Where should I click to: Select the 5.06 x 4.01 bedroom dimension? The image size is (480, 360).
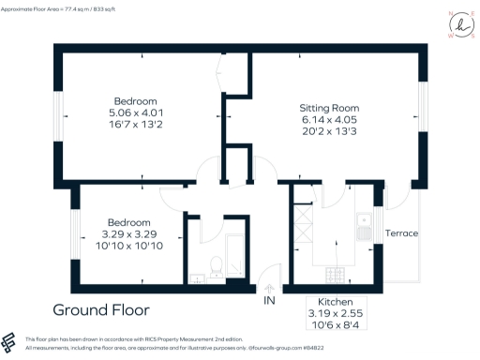(136, 112)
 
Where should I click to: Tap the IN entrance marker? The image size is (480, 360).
(269, 300)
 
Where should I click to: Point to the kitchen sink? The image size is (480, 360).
(363, 223)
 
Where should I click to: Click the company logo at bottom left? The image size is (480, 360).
(10, 342)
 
